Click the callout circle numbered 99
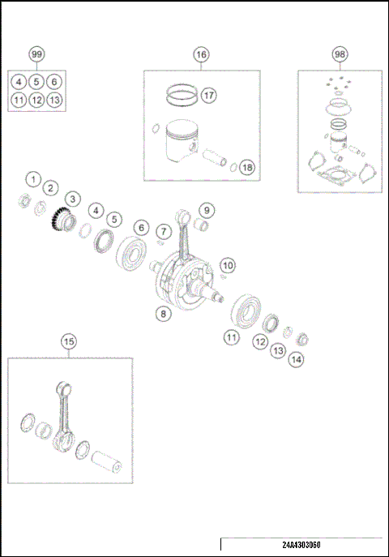tap(36, 54)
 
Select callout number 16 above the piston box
tap(201, 54)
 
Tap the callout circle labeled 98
tap(340, 54)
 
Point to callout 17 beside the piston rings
tap(208, 96)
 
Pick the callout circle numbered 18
tap(247, 168)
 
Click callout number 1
tap(32, 178)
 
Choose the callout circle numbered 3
tap(71, 199)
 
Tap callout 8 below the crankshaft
tap(163, 311)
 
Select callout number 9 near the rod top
tap(207, 211)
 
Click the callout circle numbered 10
tap(228, 265)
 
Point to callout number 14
tap(297, 358)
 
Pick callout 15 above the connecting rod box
tap(69, 341)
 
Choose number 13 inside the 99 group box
tap(53, 101)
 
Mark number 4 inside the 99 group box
tap(19, 82)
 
